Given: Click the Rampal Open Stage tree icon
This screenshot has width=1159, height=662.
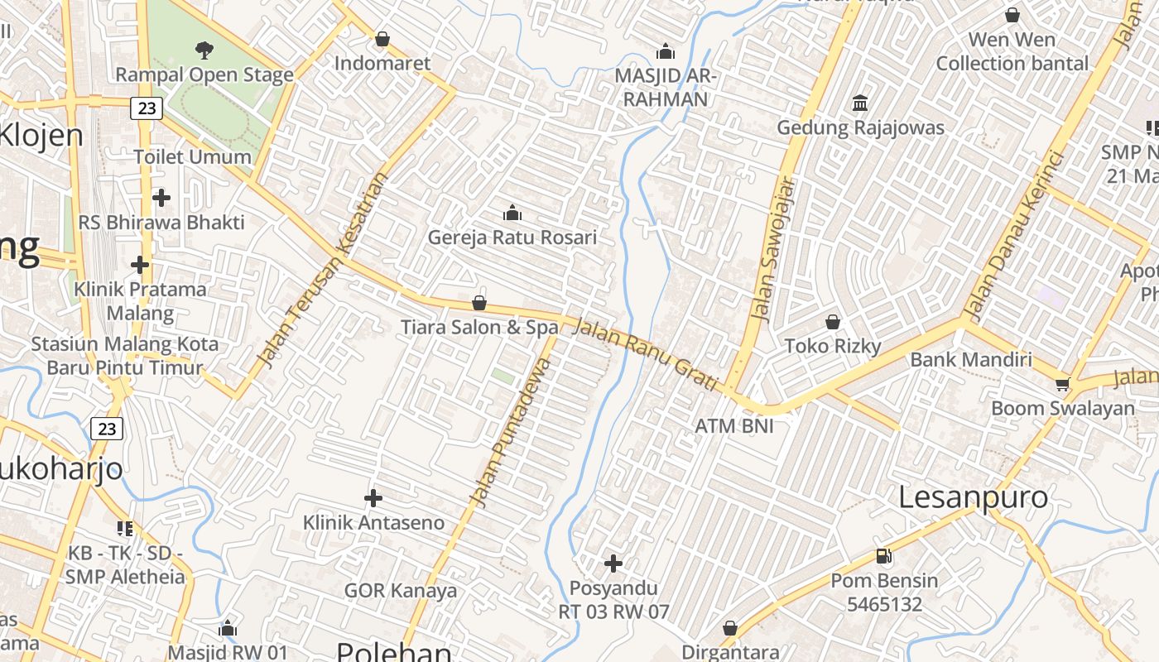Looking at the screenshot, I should pyautogui.click(x=204, y=50).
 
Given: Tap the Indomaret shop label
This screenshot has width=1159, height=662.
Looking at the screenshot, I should pyautogui.click(x=382, y=63).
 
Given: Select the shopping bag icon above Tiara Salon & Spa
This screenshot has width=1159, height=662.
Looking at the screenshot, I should pyautogui.click(x=479, y=303).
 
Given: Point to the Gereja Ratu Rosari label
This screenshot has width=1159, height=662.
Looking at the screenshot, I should pyautogui.click(x=512, y=237).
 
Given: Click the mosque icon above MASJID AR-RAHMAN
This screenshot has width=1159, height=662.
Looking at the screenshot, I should pyautogui.click(x=666, y=52).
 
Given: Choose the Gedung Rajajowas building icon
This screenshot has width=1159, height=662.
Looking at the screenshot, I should pyautogui.click(x=860, y=103).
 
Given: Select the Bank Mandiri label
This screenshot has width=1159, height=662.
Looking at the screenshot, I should pyautogui.click(x=971, y=359).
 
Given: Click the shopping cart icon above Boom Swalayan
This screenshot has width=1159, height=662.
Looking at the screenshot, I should pyautogui.click(x=1063, y=384).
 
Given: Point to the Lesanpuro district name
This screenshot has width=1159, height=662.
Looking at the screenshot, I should pyautogui.click(x=973, y=497).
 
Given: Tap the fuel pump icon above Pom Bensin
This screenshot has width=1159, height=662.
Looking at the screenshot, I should pyautogui.click(x=884, y=556).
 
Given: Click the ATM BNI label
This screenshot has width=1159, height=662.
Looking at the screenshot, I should pyautogui.click(x=734, y=425).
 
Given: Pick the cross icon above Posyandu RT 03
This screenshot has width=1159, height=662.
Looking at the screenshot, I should pyautogui.click(x=613, y=564).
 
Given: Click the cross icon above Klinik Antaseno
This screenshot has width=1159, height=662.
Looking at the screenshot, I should pyautogui.click(x=373, y=498).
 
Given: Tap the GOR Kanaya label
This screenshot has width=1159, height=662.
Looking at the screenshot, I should pyautogui.click(x=401, y=590).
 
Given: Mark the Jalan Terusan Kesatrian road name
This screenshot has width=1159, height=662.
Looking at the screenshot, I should pyautogui.click(x=322, y=270).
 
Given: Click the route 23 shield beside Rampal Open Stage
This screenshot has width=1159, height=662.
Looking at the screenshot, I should pyautogui.click(x=147, y=108).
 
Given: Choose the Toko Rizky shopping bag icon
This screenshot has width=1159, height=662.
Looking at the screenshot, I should pyautogui.click(x=833, y=322).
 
